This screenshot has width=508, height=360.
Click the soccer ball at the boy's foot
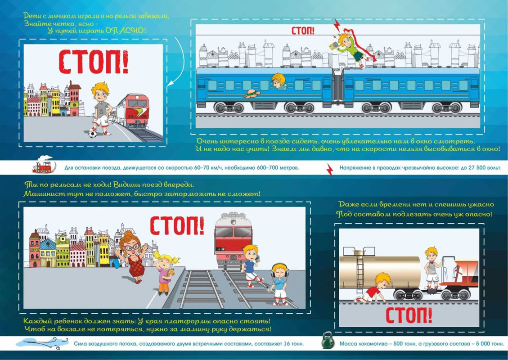tap(93, 133)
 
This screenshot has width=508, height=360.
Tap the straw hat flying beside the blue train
tap(252, 94)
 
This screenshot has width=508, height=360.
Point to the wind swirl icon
tap(42, 342)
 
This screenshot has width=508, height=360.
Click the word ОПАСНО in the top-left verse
tap(126, 31)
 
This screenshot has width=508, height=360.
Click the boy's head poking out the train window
tap(279, 81)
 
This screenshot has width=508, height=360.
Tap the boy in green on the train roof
tap(351, 49)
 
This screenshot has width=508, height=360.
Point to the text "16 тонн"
tap(292, 343)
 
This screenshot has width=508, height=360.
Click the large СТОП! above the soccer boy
tap(93, 62)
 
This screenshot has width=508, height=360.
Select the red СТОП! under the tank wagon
tap(409, 315)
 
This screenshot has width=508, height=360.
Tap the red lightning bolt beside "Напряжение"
tap(330, 170)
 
